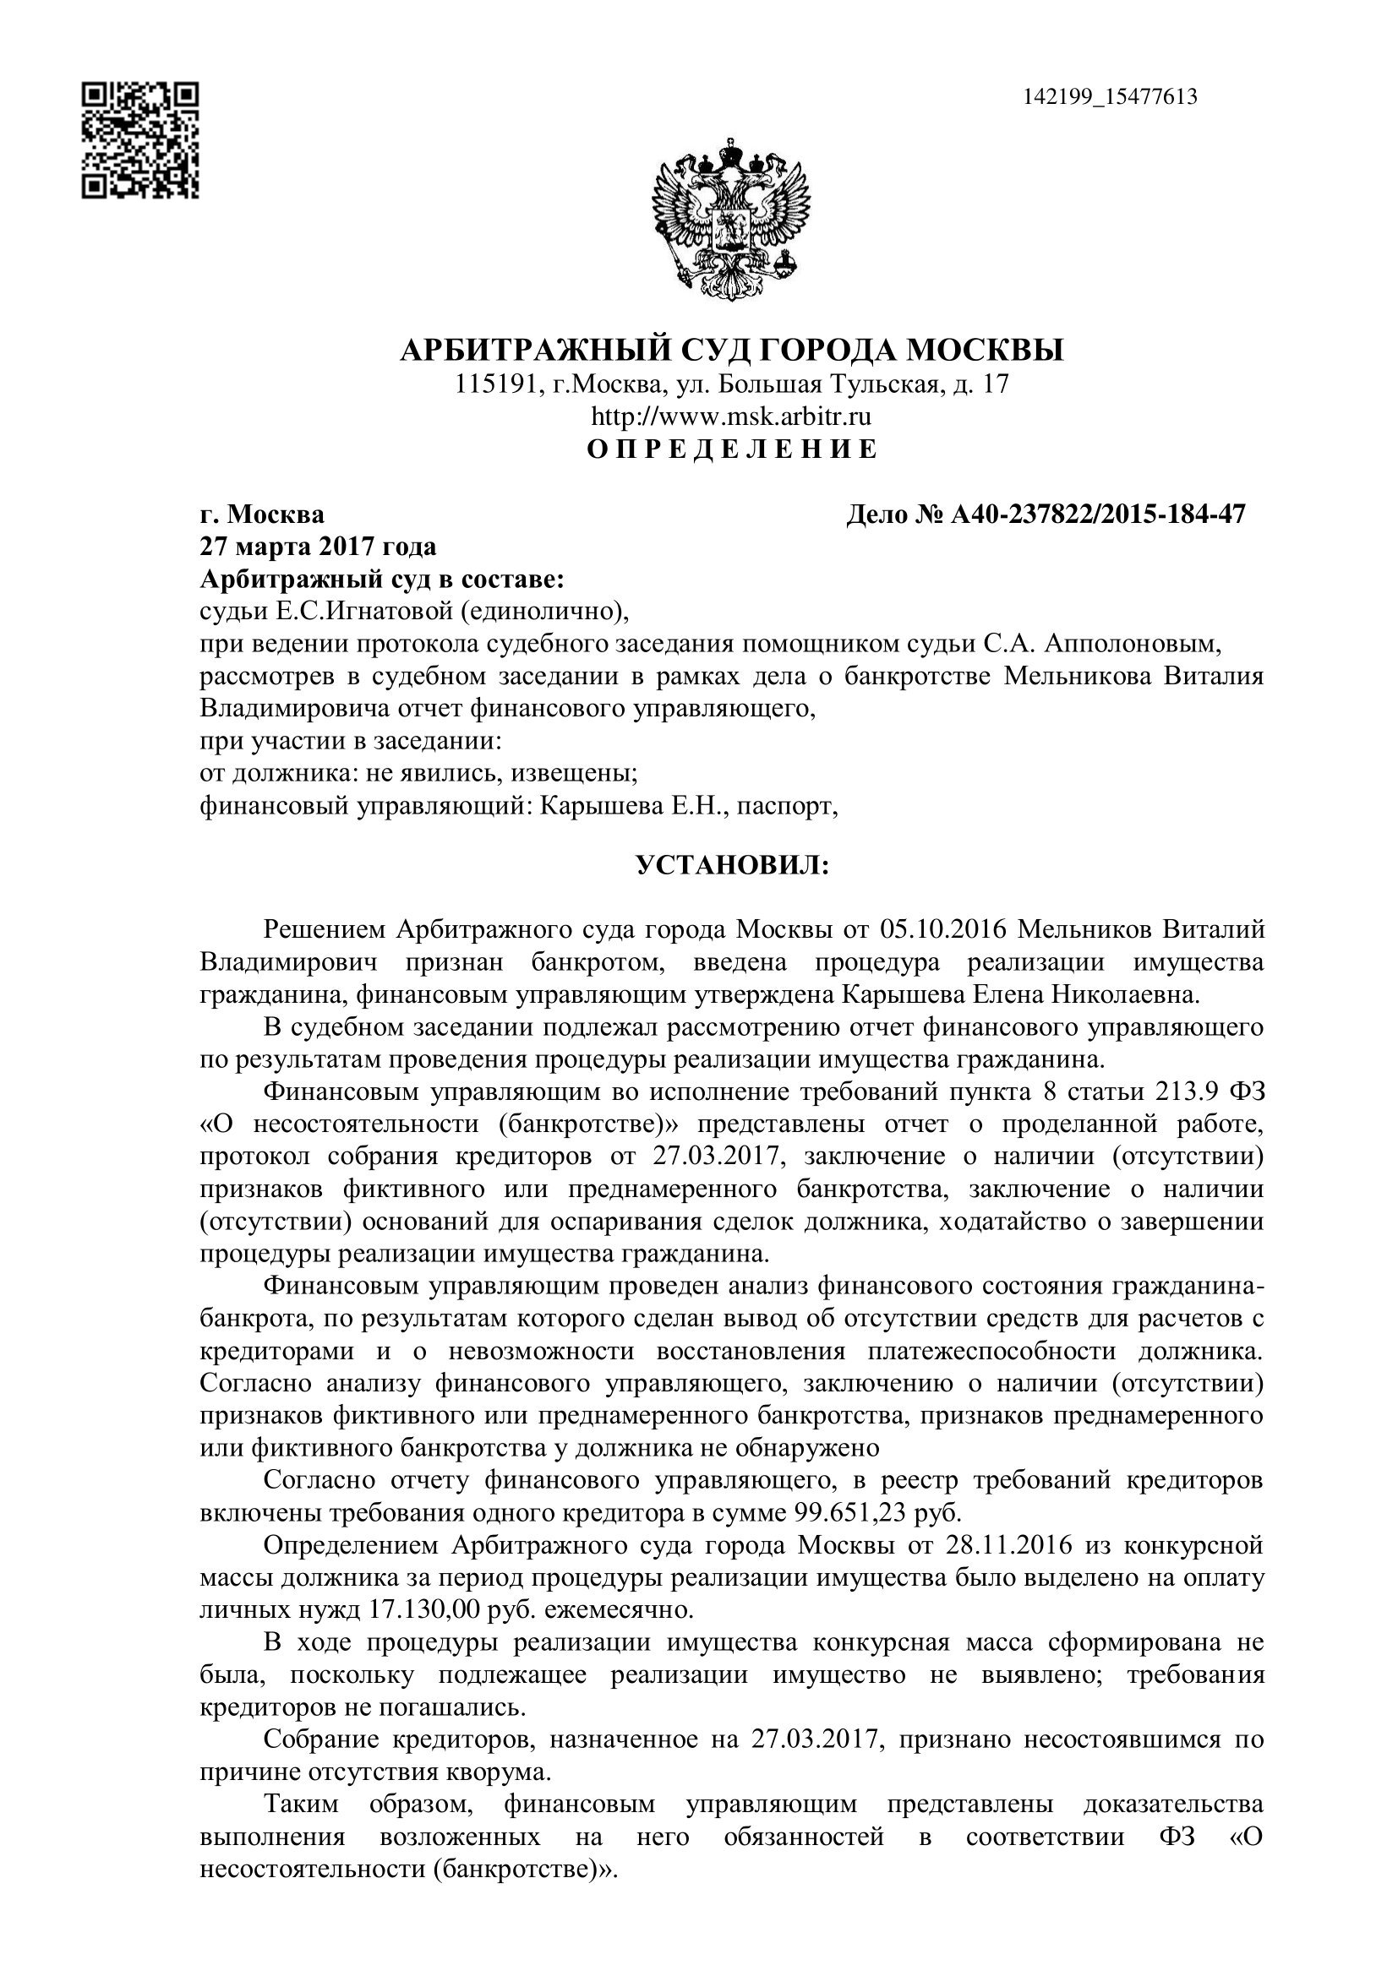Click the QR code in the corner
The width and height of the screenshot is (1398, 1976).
(x=140, y=140)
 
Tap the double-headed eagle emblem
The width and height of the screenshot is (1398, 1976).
(x=732, y=219)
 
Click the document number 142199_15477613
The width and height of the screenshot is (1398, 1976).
(x=1110, y=96)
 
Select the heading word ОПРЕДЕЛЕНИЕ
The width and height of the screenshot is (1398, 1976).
(x=732, y=449)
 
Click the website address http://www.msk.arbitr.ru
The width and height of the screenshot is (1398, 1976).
(x=731, y=416)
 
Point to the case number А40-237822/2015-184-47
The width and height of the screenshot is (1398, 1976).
(x=1098, y=514)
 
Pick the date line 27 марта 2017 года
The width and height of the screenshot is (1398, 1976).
(x=318, y=547)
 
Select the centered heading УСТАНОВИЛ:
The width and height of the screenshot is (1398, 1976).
(x=732, y=865)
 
